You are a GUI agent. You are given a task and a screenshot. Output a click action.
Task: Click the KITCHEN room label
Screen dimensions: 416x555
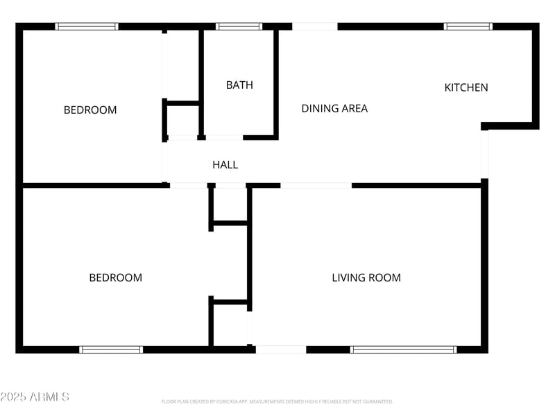(466, 87)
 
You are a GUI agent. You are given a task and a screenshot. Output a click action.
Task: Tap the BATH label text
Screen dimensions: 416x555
(239, 85)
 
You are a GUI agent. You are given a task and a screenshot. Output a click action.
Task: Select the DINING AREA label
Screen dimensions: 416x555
(334, 108)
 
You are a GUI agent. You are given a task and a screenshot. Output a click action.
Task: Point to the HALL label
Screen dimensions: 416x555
(225, 164)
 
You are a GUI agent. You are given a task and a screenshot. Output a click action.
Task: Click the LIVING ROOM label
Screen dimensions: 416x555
(366, 277)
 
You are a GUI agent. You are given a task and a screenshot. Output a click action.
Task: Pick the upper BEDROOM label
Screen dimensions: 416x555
(90, 110)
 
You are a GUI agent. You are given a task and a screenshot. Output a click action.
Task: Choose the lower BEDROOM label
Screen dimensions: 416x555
(115, 277)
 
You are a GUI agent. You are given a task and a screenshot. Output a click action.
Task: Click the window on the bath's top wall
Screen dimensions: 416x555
(239, 26)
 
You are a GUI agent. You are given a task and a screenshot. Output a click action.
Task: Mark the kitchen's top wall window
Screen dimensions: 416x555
(468, 26)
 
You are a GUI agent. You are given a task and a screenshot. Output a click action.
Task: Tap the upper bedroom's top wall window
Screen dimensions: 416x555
(87, 26)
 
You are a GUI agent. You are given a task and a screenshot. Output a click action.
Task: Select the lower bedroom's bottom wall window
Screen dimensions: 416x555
(111, 349)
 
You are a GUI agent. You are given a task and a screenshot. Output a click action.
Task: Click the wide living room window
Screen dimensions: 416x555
(404, 349)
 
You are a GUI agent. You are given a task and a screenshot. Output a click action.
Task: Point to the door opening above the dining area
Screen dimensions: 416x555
(314, 26)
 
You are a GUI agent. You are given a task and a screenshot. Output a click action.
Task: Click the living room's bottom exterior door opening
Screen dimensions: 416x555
(280, 349)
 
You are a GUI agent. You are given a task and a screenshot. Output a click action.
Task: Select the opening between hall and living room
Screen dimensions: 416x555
(316, 186)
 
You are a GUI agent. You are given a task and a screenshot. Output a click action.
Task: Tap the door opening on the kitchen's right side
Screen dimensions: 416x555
(485, 153)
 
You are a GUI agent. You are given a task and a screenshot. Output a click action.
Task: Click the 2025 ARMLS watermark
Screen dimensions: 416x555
(35, 397)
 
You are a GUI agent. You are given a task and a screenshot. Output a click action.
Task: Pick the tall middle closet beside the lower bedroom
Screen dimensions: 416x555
(229, 262)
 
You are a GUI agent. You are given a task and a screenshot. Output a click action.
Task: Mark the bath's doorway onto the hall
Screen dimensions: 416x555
(224, 137)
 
